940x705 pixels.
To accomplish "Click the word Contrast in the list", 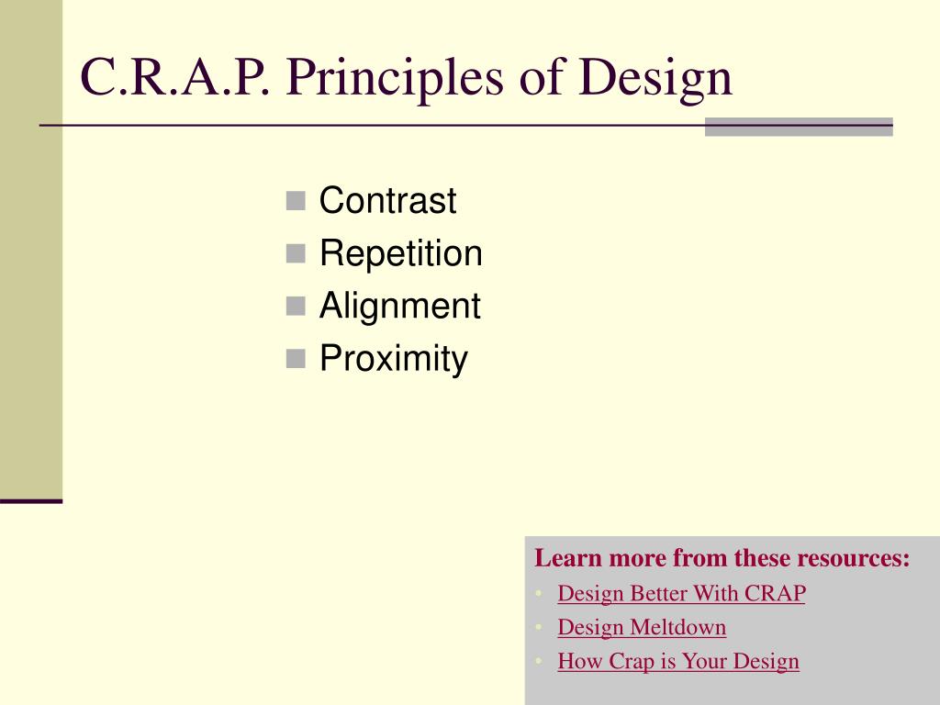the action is [387, 199].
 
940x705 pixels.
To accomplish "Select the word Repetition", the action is [400, 252].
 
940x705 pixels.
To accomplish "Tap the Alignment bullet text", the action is [400, 306].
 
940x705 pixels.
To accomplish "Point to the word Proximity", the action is [393, 359].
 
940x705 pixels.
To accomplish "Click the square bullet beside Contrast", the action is [296, 201].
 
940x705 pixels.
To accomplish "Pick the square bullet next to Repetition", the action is [296, 253].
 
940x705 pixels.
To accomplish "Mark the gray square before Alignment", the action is [296, 307].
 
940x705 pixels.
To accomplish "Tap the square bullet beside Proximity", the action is [296, 359].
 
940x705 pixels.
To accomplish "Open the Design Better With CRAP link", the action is [681, 593].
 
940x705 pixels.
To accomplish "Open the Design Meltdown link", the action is [642, 627].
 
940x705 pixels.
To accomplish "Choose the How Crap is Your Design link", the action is [678, 661].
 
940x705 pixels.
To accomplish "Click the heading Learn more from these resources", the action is [722, 557].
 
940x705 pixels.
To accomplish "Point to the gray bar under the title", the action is [799, 127].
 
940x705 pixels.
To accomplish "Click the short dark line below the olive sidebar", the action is [31, 501].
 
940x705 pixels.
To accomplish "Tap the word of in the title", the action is [542, 77].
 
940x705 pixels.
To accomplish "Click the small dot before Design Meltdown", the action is [539, 628].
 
